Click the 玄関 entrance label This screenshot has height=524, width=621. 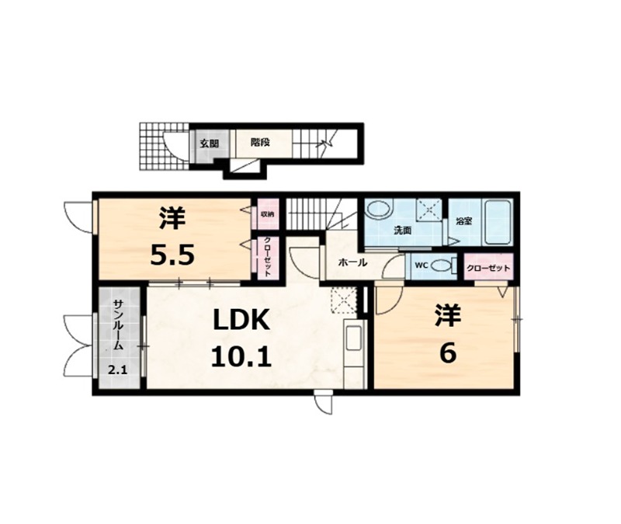pyautogui.click(x=209, y=144)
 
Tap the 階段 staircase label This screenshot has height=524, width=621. pyautogui.click(x=260, y=142)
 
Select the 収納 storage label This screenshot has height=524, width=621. pyautogui.click(x=267, y=214)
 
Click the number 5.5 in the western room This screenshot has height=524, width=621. pyautogui.click(x=172, y=255)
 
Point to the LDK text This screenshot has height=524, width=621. pyautogui.click(x=241, y=320)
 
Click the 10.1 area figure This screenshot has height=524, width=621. pyautogui.click(x=241, y=356)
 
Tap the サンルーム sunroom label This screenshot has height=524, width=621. pyautogui.click(x=118, y=324)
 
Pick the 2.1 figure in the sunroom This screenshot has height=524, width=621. pyautogui.click(x=118, y=371)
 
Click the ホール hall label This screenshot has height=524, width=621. pyautogui.click(x=352, y=262)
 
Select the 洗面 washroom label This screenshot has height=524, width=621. pyautogui.click(x=402, y=231)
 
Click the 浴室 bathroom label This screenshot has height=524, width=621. pyautogui.click(x=463, y=221)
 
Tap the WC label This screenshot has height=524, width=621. pyautogui.click(x=421, y=265)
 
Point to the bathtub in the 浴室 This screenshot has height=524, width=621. pyautogui.click(x=498, y=223)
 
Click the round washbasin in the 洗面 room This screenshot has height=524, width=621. pyautogui.click(x=379, y=209)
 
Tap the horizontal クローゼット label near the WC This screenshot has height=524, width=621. pyautogui.click(x=488, y=268)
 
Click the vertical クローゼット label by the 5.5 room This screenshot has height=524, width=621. pyautogui.click(x=267, y=259)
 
